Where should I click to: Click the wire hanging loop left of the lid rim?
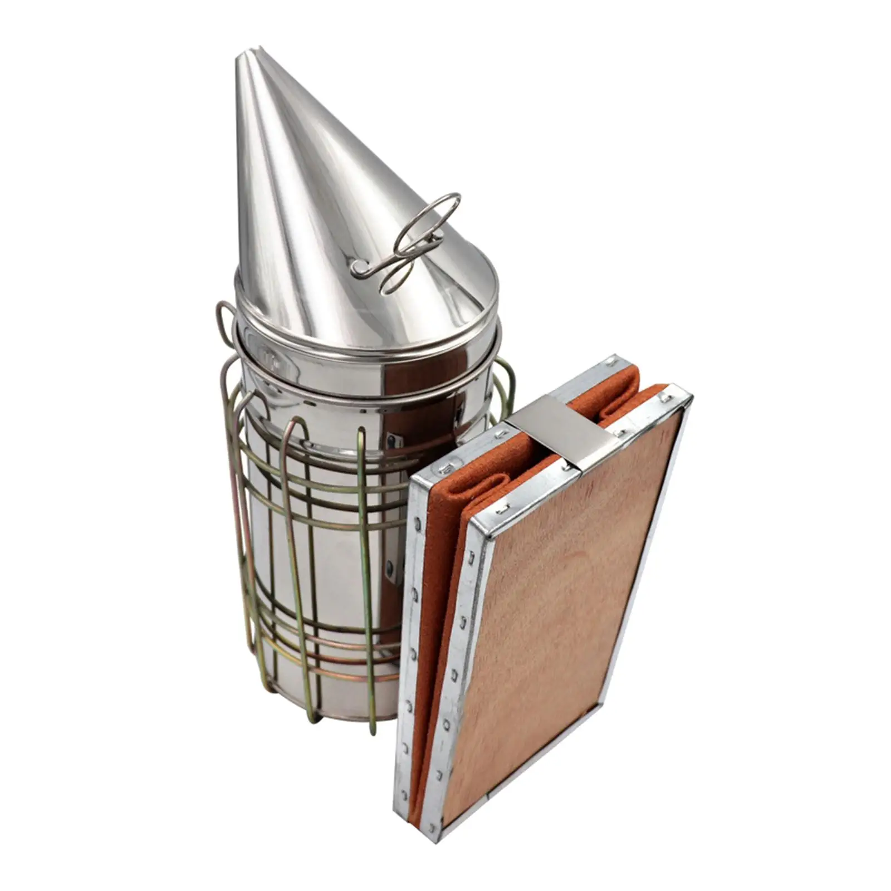pos(226,323)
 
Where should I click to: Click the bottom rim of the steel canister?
pos(334,713)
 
